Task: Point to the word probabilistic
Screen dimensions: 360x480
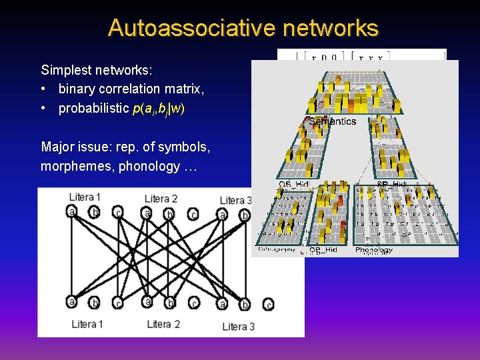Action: tap(94, 108)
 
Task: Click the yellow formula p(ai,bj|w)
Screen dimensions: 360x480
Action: tap(159, 109)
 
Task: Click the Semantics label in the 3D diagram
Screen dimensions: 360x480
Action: tap(332, 121)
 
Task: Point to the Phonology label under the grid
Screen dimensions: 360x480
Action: tap(374, 250)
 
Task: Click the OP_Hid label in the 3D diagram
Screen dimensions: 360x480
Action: tap(323, 250)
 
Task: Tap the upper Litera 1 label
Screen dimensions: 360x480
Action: tap(85, 197)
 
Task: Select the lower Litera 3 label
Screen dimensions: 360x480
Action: tap(239, 326)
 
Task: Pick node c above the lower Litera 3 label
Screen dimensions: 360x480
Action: tap(268, 305)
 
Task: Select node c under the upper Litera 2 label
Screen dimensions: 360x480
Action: tap(193, 215)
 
